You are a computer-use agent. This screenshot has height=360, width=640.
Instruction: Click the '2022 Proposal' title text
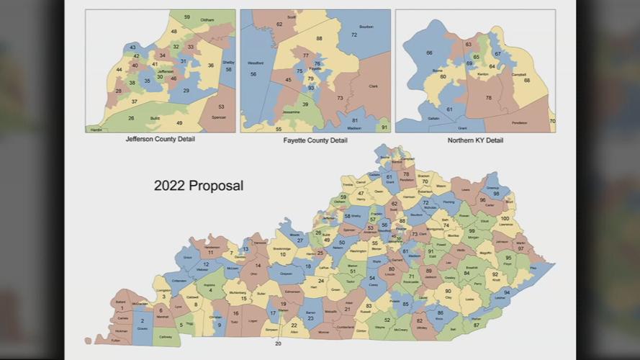click(199, 186)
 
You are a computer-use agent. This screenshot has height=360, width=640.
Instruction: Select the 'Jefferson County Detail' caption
click(160, 139)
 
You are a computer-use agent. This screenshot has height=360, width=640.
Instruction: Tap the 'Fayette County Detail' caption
click(315, 140)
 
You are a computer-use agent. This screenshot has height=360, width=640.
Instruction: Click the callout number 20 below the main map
click(278, 343)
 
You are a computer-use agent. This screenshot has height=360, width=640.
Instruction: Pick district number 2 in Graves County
click(143, 320)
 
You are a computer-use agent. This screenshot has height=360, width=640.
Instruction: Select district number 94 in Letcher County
click(507, 292)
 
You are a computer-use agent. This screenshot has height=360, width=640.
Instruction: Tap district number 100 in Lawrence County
click(505, 218)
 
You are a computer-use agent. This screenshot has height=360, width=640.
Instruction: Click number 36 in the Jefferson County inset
click(211, 66)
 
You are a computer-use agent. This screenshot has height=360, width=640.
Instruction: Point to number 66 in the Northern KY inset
click(430, 53)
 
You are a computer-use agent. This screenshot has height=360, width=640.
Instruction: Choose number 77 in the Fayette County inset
click(306, 55)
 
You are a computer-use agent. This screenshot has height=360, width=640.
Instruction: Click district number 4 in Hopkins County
click(210, 290)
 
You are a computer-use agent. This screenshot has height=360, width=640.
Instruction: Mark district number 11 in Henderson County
click(210, 253)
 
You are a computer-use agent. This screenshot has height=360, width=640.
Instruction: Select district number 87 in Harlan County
click(476, 325)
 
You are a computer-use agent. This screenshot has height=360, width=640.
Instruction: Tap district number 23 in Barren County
click(310, 318)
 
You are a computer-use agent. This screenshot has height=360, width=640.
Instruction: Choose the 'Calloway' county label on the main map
click(166, 336)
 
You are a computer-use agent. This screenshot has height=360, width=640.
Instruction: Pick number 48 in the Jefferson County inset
click(174, 32)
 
